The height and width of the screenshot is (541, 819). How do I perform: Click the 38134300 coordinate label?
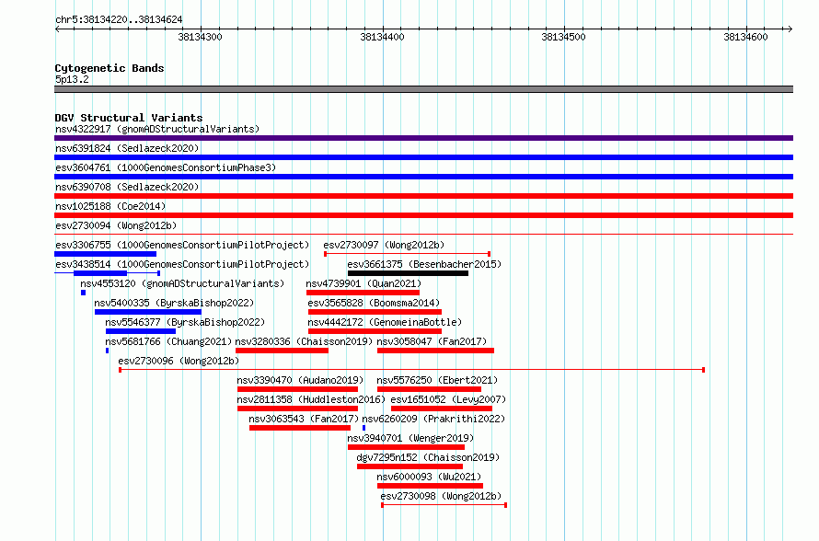(x=200, y=37)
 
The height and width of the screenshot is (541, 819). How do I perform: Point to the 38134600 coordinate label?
(x=745, y=37)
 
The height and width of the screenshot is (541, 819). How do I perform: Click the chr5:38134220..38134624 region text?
(x=119, y=20)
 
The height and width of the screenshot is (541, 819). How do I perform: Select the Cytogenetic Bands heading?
(x=110, y=68)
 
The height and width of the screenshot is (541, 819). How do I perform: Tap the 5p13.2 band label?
(x=72, y=79)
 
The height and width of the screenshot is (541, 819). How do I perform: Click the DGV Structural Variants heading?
(x=129, y=118)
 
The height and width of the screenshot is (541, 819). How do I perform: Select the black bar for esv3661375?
(x=408, y=273)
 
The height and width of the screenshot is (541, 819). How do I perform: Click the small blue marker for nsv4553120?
(x=83, y=293)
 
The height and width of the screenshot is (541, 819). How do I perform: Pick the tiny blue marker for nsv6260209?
(x=363, y=428)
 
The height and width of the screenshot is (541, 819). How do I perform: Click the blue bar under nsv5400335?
(x=148, y=312)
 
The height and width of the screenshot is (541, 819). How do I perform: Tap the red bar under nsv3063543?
(x=300, y=428)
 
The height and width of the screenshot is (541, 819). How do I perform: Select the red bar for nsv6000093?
(x=430, y=486)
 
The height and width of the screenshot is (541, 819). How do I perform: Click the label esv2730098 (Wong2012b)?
(x=441, y=496)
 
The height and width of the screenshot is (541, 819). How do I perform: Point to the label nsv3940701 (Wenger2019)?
(x=410, y=438)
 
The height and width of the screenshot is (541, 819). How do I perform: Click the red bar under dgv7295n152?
(x=410, y=466)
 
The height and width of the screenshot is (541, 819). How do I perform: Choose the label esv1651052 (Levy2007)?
(x=448, y=399)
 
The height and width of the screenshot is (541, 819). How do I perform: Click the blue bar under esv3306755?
(x=106, y=254)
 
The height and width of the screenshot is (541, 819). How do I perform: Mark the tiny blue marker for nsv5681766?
(x=107, y=351)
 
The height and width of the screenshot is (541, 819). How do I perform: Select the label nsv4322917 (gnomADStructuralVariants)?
(x=157, y=129)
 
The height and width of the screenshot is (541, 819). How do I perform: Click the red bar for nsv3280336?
(x=283, y=351)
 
